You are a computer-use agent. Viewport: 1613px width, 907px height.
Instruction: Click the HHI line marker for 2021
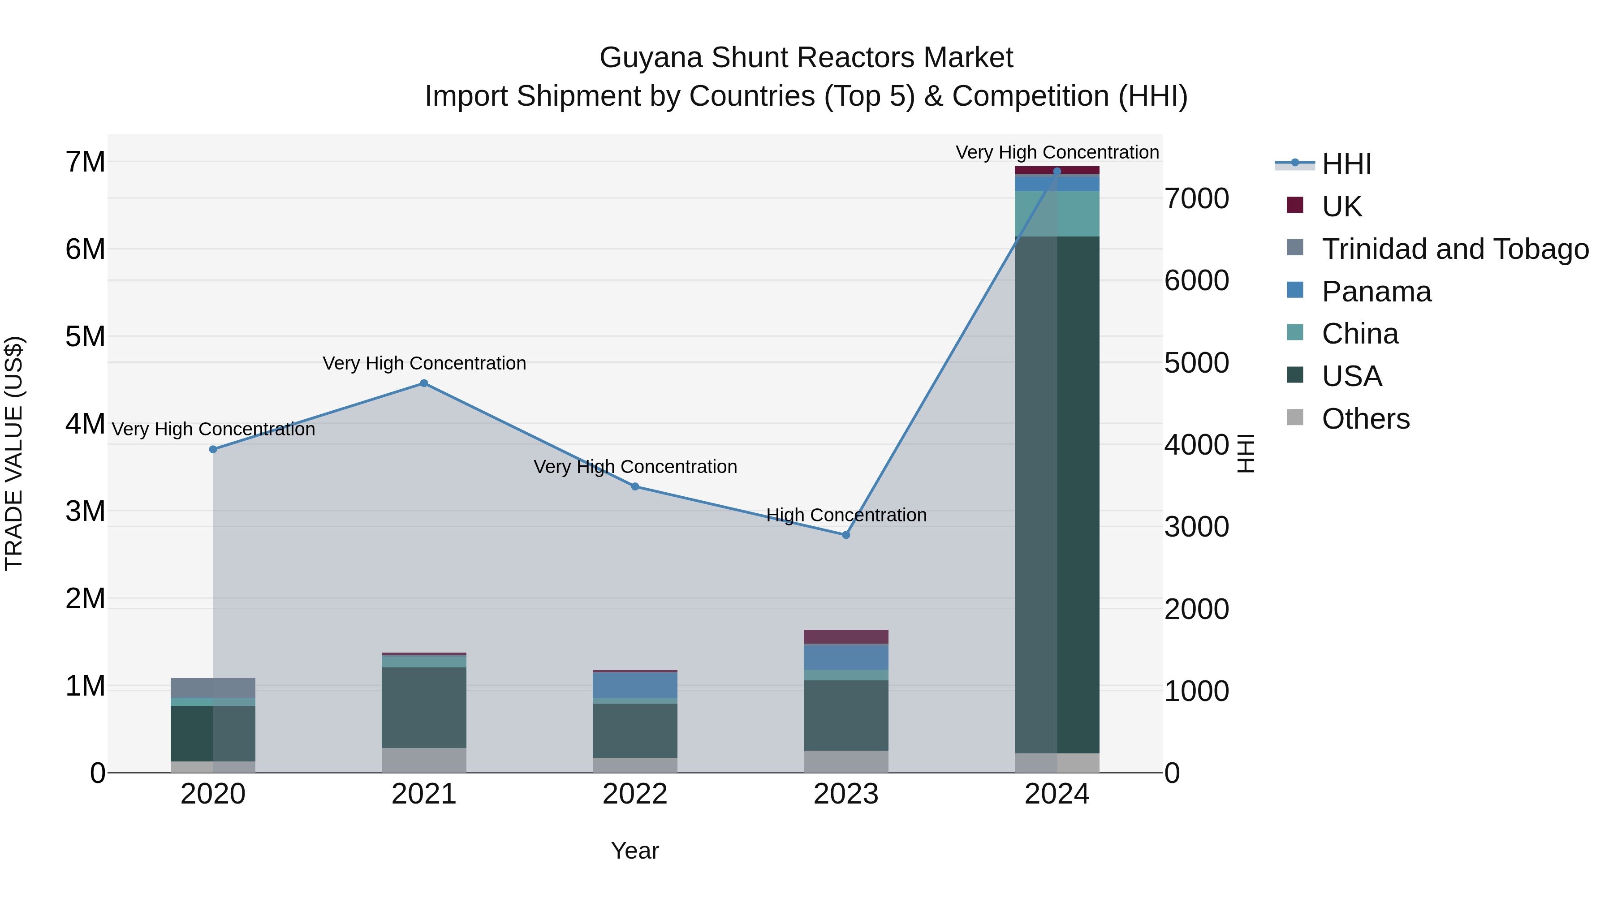click(x=424, y=383)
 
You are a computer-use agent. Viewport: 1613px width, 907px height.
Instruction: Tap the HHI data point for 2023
click(x=845, y=534)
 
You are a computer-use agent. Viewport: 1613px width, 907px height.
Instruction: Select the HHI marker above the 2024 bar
click(x=1057, y=171)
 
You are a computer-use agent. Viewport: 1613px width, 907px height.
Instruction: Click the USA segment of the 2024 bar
click(x=1057, y=494)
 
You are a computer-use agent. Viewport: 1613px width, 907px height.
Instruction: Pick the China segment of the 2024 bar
click(x=1057, y=214)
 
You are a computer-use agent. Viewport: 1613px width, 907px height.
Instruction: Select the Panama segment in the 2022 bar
click(x=635, y=685)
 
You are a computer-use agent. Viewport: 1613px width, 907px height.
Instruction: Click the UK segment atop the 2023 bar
click(x=845, y=636)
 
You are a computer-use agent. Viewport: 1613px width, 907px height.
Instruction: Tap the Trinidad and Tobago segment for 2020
click(x=213, y=688)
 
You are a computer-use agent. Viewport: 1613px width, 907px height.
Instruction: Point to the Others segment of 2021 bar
click(x=424, y=760)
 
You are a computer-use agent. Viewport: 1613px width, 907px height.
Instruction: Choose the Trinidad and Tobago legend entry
click(x=1454, y=249)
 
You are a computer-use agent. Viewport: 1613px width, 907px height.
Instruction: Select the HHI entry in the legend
click(x=1346, y=164)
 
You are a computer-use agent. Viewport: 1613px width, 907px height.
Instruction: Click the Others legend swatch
click(x=1295, y=417)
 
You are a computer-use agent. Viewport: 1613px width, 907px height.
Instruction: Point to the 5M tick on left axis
click(x=85, y=337)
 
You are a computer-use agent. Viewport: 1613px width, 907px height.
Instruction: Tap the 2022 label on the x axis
click(x=635, y=794)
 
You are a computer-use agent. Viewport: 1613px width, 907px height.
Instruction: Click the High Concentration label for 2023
click(x=846, y=515)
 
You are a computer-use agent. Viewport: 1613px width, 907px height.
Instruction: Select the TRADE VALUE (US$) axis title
click(x=14, y=453)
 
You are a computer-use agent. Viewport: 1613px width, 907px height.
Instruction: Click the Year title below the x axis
click(x=635, y=851)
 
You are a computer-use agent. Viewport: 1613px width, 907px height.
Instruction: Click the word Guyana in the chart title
click(x=651, y=58)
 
